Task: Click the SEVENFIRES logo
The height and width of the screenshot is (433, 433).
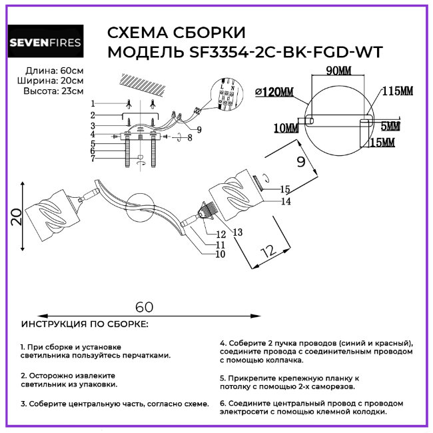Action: coord(45,43)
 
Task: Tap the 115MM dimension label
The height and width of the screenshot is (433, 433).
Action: coord(398,91)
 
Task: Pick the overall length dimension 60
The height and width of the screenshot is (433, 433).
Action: coord(145,307)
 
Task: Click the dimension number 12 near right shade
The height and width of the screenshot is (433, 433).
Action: coord(268,251)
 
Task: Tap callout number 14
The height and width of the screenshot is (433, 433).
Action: coord(286,201)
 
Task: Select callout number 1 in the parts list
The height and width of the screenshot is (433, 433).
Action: coord(94,103)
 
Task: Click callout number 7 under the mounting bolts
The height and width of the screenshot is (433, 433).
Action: coord(94,159)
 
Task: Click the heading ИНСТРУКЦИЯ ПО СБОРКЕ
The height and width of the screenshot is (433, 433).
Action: coord(85,324)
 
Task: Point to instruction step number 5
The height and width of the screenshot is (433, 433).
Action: coord(222,377)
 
